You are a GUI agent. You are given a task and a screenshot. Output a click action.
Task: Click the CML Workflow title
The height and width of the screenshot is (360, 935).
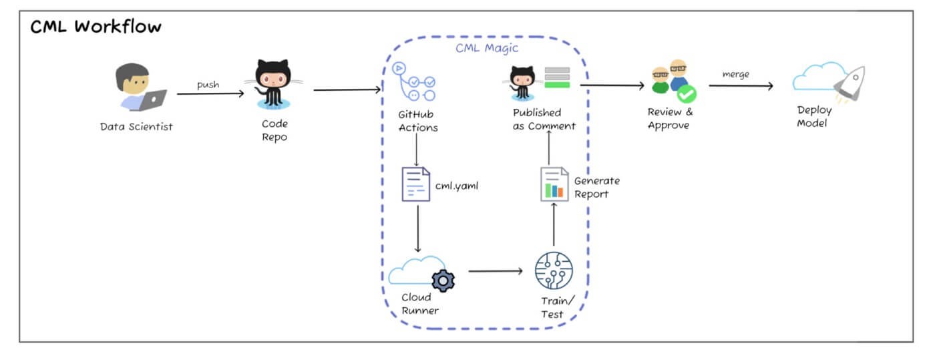coord(96,27)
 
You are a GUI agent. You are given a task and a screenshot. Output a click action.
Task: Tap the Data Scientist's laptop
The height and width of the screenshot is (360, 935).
coord(153,100)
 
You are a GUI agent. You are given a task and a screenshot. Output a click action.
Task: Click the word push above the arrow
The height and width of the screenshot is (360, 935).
coord(208,85)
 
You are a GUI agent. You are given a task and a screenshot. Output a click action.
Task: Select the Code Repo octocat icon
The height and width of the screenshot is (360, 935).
coord(272,83)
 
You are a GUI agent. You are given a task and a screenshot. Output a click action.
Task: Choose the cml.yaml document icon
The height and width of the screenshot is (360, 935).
coord(415,184)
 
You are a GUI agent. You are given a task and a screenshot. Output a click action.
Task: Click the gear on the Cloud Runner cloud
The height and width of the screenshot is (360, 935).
coord(443,280)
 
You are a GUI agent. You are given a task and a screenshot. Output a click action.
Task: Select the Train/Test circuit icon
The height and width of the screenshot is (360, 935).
coord(554,271)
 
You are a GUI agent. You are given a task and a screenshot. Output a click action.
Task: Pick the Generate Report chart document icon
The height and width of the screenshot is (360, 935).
coord(554,184)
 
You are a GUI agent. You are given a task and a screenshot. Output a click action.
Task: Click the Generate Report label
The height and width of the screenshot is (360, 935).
coord(596,187)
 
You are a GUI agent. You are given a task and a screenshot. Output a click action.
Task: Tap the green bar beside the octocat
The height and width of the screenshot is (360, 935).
coord(556,84)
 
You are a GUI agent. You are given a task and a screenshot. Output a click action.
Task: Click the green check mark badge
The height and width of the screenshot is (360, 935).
coord(686,95)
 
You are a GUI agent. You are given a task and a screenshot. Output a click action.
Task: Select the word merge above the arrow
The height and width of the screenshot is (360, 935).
coord(736,74)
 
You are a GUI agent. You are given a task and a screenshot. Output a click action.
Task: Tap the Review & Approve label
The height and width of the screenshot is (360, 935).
coord(670,118)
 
